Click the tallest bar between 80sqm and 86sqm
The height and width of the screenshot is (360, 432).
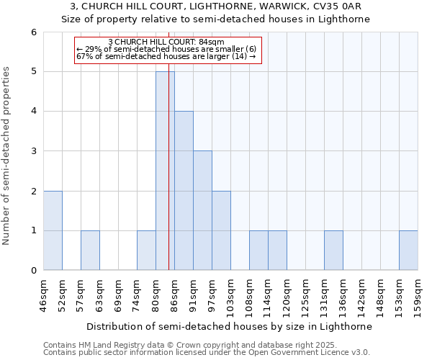[165, 171]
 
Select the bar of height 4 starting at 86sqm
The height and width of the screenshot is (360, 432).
[184, 191]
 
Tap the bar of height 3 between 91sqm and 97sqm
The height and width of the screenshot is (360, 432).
[202, 210]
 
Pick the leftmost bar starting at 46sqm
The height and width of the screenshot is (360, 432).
[53, 230]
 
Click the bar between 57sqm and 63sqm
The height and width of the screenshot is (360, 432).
[90, 251]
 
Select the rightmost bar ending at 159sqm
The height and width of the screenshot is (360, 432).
[408, 251]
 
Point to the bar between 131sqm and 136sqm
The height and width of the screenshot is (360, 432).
[333, 251]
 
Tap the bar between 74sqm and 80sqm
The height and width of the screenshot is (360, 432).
[146, 251]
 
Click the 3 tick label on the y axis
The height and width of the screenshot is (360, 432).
[33, 151]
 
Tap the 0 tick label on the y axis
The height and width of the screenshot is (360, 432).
[33, 271]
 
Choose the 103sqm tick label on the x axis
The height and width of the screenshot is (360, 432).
[231, 295]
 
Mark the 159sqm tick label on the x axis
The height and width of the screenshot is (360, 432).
[418, 295]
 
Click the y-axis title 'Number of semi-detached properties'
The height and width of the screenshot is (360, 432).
[7, 156]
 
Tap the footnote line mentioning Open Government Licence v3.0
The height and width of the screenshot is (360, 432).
[207, 353]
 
